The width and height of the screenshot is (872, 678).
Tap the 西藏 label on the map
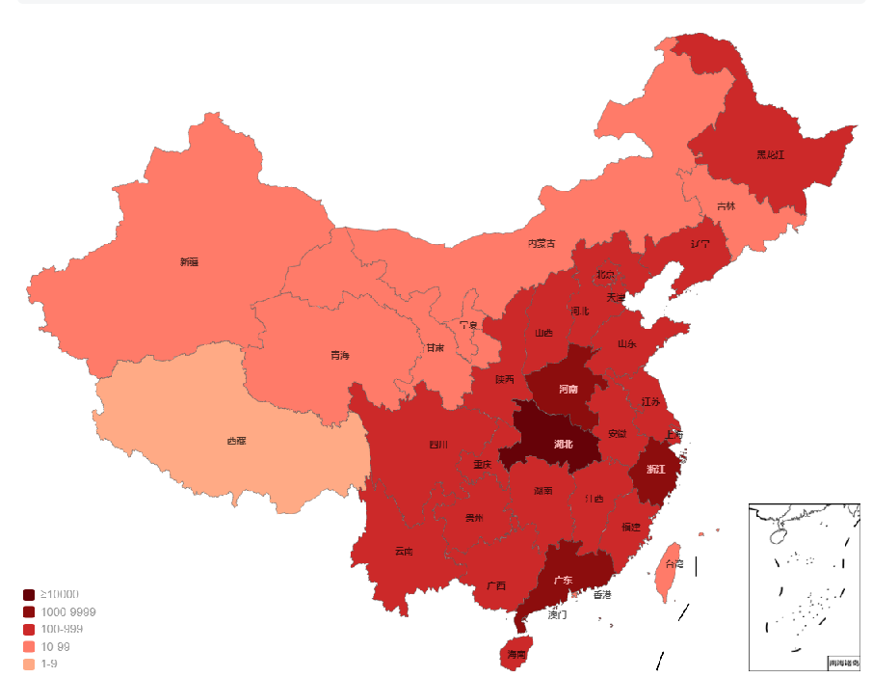(x=236, y=441)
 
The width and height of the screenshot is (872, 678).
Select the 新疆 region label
(x=189, y=261)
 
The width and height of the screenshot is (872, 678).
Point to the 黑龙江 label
(x=770, y=154)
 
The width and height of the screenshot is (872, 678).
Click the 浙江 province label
(x=654, y=469)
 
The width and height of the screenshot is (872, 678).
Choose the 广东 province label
(x=563, y=580)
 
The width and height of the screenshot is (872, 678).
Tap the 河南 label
(x=568, y=390)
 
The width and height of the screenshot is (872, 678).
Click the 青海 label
(x=340, y=356)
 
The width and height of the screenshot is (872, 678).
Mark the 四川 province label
(x=438, y=445)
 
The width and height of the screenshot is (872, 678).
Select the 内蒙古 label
(x=541, y=243)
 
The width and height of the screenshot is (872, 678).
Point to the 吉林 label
(x=726, y=206)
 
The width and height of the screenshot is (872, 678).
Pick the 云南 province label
(x=404, y=552)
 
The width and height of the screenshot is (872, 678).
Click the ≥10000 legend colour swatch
(x=29, y=595)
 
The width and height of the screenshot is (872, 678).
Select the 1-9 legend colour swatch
(x=29, y=664)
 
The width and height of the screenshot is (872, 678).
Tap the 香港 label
(x=602, y=595)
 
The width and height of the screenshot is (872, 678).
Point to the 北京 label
(x=605, y=274)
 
